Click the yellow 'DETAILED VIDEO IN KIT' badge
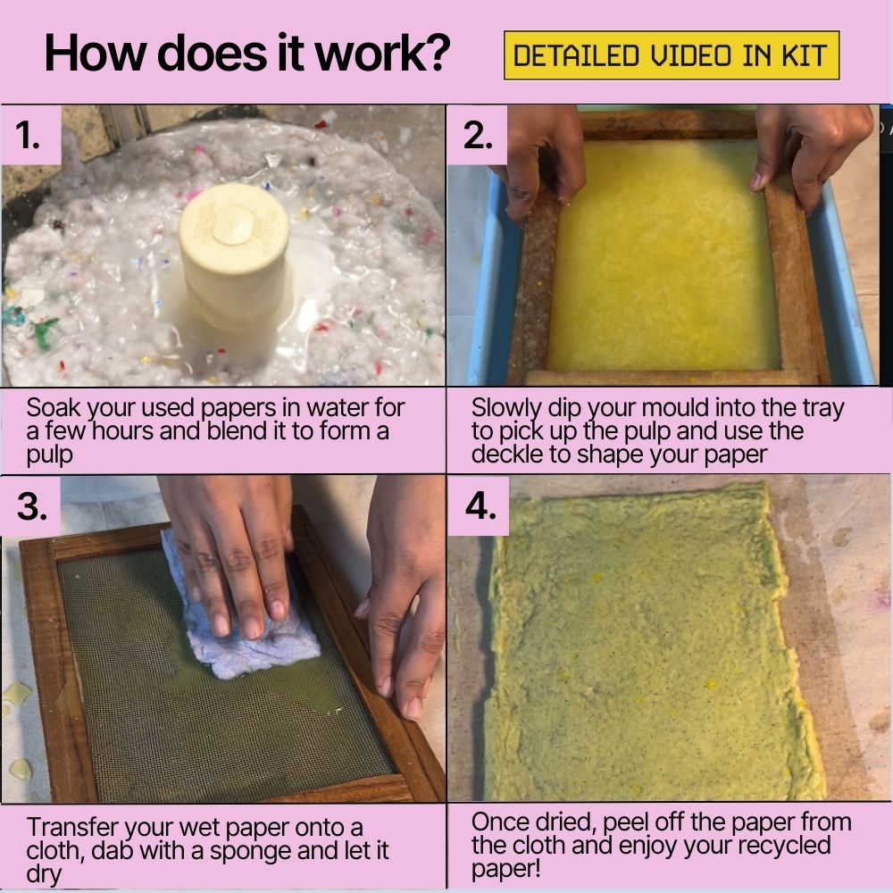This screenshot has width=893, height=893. (x=672, y=55)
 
